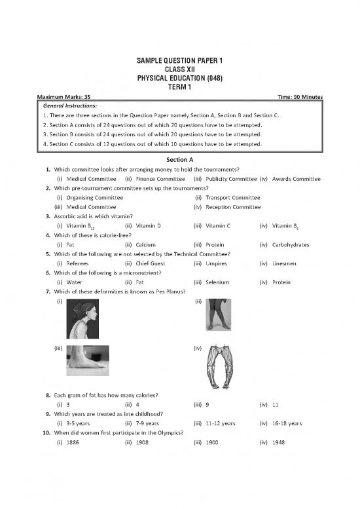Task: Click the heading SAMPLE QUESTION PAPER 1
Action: coord(180,60)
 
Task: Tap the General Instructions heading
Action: coord(70,105)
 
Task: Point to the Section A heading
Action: coord(180,159)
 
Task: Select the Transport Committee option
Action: coord(233,197)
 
